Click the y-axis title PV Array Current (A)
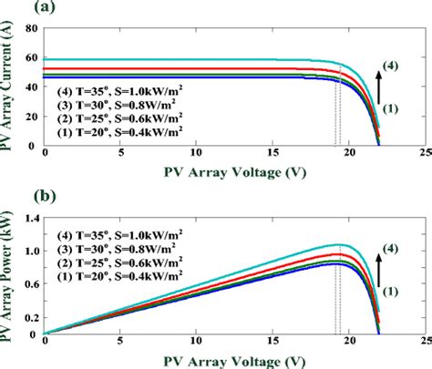pos(10,87)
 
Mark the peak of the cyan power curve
pos(340,244)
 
